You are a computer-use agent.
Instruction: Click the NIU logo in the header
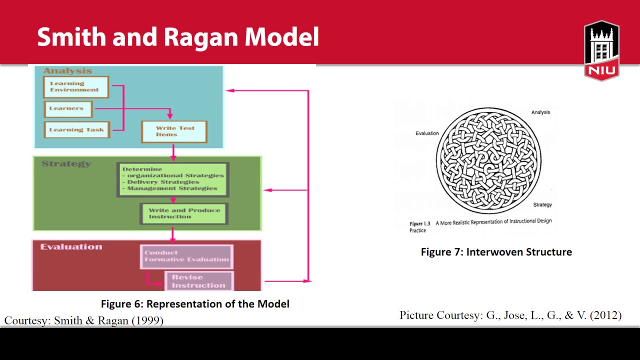[x=601, y=50]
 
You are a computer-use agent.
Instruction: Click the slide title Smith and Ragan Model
[x=177, y=37]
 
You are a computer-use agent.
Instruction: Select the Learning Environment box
[x=76, y=87]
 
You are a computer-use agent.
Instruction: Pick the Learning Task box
[x=76, y=129]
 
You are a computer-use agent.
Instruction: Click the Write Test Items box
[x=174, y=131]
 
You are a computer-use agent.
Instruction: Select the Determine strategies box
[x=172, y=179]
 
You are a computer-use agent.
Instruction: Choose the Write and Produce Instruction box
[x=184, y=213]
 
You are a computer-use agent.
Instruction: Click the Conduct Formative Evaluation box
[x=186, y=256]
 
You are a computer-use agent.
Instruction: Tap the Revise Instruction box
[x=198, y=281]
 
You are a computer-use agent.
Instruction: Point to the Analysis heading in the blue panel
[x=67, y=71]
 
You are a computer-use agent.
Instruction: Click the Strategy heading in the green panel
[x=66, y=163]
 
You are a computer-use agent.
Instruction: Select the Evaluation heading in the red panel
[x=71, y=246]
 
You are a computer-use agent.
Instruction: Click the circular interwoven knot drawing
[x=488, y=161]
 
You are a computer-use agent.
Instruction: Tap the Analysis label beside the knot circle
[x=540, y=112]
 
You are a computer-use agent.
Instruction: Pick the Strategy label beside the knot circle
[x=542, y=204]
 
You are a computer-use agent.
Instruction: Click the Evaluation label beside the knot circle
[x=427, y=133]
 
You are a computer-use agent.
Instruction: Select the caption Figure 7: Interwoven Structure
[x=496, y=252]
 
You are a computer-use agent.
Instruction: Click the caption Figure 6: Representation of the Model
[x=195, y=304]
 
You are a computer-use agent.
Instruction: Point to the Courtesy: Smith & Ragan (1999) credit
[x=84, y=320]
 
